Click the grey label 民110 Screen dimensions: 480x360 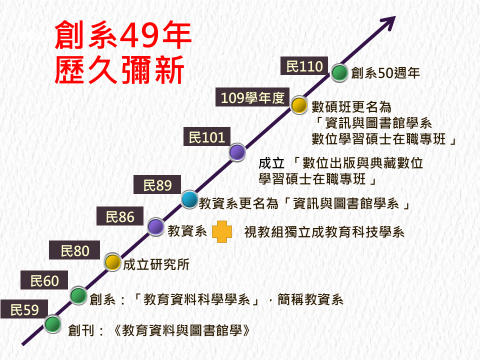coord(304,67)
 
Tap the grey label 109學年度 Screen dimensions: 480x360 coord(253,99)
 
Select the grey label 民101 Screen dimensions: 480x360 coord(208,135)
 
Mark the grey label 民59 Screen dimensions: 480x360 coord(24,311)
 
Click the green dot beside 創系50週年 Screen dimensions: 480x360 coord(340,72)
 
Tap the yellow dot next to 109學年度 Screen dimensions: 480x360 coord(298,103)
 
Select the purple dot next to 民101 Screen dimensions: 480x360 coord(237,152)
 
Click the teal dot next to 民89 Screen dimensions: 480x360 coord(189,199)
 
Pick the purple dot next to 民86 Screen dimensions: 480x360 coord(155,227)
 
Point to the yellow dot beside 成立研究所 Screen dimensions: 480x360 coord(113,262)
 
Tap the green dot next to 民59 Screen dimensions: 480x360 coord(52,325)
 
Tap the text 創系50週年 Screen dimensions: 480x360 coord(385,72)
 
